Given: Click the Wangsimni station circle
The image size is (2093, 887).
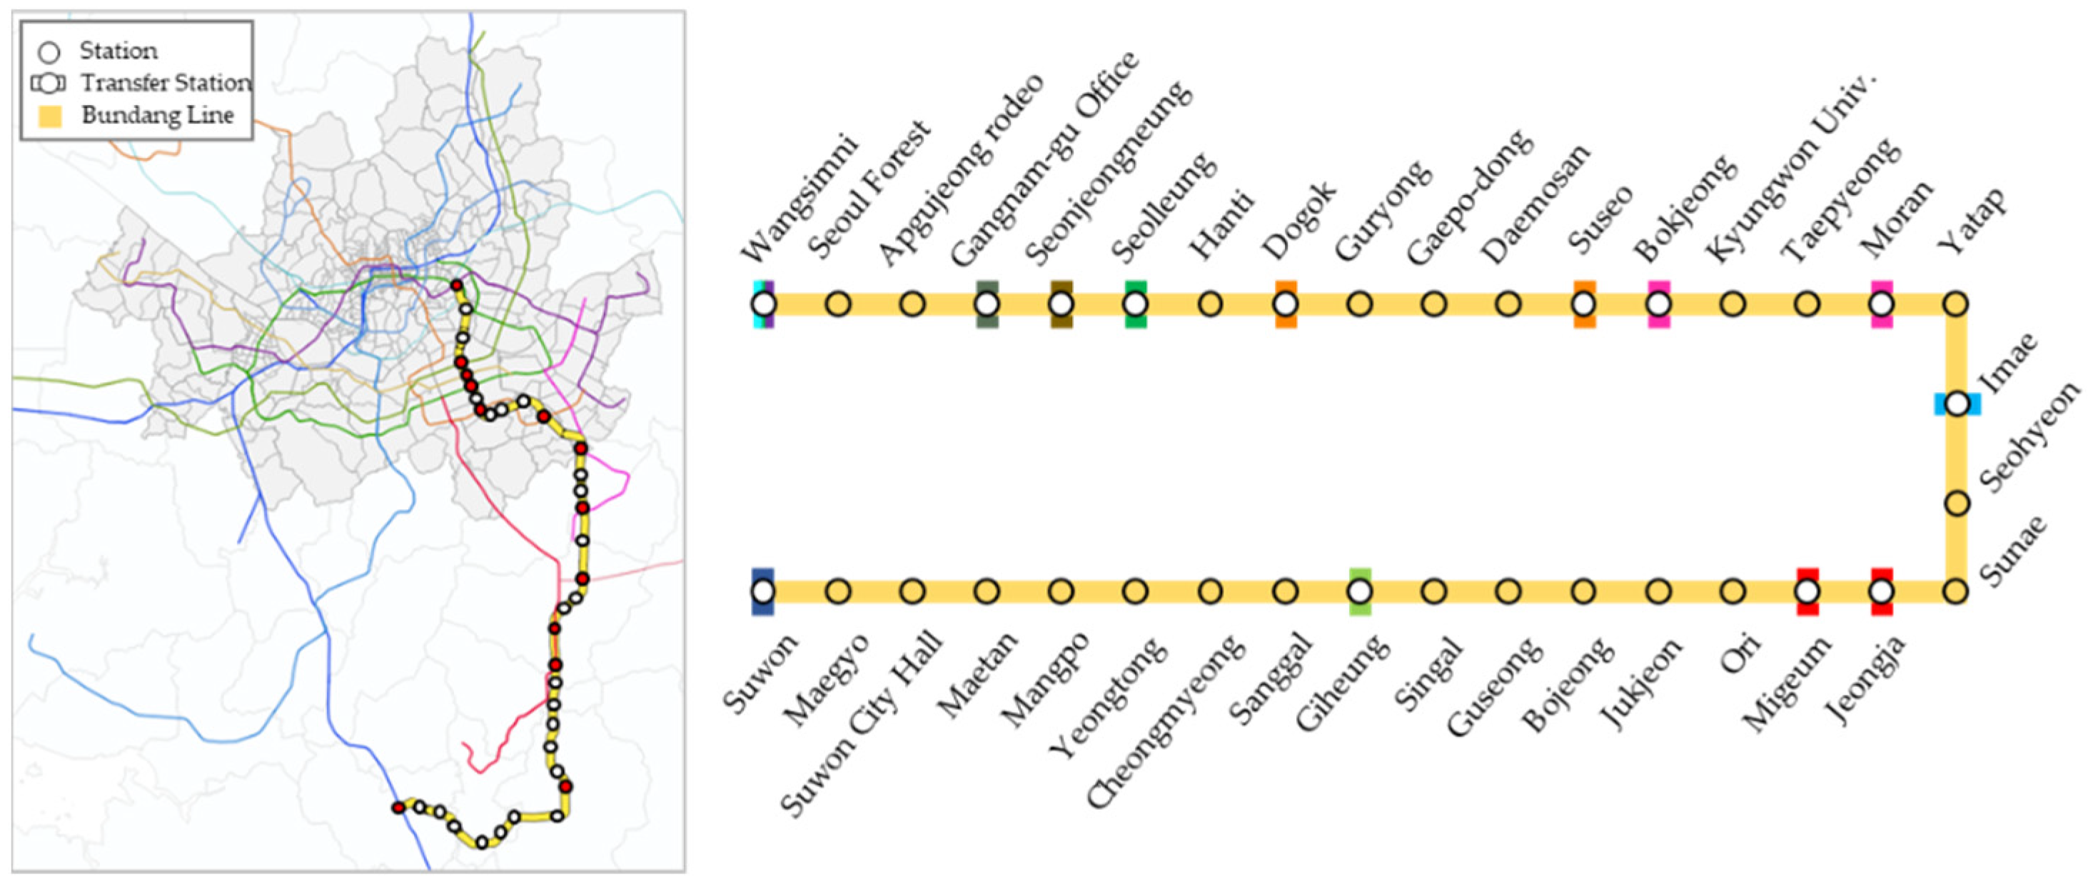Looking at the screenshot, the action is (x=764, y=304).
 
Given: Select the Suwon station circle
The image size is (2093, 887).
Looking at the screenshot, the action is (x=763, y=591).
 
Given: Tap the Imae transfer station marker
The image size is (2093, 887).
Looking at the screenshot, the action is (x=1957, y=404).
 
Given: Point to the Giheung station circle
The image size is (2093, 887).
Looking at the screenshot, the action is (x=1359, y=591).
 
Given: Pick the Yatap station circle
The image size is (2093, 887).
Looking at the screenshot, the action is (x=1956, y=304).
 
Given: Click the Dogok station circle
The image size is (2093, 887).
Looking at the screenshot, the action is (x=1286, y=304).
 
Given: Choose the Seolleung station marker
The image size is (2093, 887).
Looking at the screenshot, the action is (x=1135, y=304).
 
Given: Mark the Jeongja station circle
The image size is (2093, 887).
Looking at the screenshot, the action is (x=1882, y=591).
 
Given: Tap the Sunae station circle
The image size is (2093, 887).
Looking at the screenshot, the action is (x=1956, y=591).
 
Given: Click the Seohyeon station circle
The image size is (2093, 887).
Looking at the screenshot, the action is (x=1957, y=503).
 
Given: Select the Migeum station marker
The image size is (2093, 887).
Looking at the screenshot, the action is (x=1807, y=591).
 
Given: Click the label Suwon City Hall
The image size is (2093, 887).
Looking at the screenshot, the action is (x=861, y=723).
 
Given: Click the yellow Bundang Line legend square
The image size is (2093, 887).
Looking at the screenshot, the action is (x=51, y=116).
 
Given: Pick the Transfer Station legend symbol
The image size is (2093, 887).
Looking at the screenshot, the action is (x=49, y=83).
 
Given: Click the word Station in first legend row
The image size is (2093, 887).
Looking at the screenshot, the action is (x=118, y=51).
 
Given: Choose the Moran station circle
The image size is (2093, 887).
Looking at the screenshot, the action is (x=1882, y=304).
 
